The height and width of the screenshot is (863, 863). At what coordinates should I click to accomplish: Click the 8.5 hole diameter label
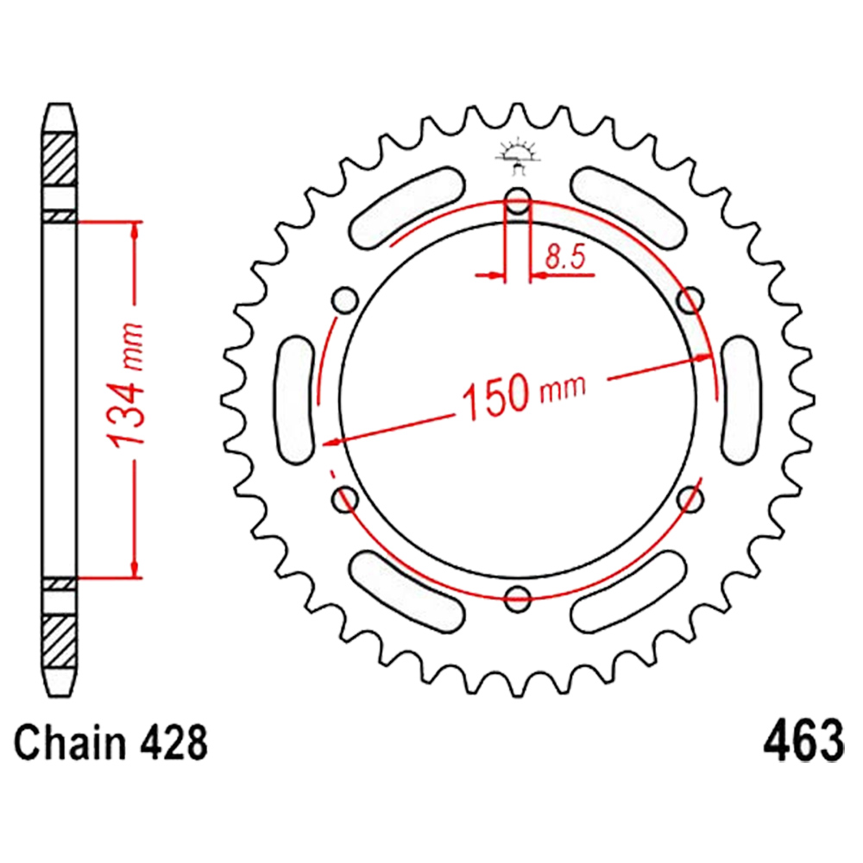pos(565,256)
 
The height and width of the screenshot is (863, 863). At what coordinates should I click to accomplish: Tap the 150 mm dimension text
pos(524,393)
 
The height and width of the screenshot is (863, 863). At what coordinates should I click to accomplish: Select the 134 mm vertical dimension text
pos(126,385)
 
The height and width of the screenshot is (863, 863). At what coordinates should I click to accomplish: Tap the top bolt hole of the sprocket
pos(517,201)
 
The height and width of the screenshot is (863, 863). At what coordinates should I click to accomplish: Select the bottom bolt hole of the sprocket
pos(517,598)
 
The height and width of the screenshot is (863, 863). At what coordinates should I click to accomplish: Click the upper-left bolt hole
pos(346,300)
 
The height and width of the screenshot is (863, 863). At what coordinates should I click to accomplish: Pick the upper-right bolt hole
pos(690,300)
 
